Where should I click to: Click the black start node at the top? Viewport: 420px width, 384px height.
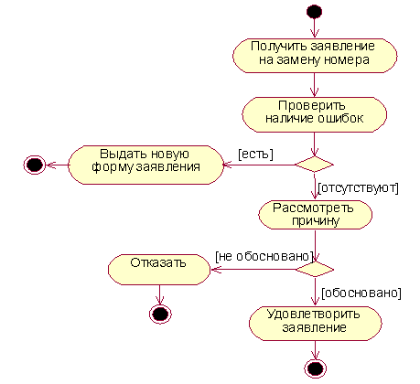314,12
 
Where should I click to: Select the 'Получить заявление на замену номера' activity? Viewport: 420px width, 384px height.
315,56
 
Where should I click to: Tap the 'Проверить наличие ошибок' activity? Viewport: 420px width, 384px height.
315,114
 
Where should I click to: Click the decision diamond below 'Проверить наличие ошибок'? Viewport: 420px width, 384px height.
315,165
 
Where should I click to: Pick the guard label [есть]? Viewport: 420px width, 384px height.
255,155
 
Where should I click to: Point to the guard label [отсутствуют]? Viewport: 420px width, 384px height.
358,188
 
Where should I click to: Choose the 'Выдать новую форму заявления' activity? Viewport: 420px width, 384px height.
145,165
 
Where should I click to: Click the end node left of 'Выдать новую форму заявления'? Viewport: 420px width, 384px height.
35,165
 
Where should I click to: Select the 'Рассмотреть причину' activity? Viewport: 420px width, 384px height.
315,215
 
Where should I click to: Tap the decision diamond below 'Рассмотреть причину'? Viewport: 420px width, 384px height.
315,270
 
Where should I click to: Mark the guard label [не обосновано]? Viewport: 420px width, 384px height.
264,257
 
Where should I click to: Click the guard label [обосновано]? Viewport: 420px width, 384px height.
361,293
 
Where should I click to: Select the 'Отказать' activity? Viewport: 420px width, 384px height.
159,270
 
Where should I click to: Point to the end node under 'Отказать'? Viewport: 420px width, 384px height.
160,314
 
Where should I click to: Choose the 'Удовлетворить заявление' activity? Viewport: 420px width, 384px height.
316,324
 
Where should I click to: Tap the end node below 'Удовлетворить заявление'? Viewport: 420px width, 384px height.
315,368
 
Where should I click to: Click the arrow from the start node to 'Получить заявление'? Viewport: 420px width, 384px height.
314,28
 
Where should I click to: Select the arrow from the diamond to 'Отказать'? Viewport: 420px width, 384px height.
253,270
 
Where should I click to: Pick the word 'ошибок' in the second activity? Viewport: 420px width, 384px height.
340,118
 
